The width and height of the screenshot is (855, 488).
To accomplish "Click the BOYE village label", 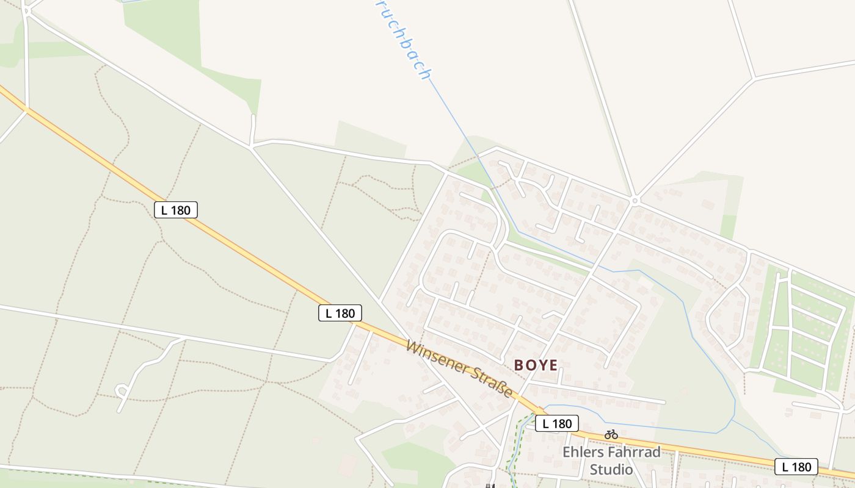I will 536,365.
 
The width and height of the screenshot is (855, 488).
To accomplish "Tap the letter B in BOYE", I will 519,365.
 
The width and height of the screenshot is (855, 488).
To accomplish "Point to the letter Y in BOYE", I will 541,365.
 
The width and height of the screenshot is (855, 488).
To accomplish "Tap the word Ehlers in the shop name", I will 583,453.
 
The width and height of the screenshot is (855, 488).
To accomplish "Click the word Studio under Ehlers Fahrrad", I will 611,470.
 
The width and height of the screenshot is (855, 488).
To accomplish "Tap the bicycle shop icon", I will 611,434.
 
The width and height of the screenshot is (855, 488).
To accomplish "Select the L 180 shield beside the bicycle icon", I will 557,423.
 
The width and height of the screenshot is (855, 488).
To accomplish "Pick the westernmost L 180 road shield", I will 176,210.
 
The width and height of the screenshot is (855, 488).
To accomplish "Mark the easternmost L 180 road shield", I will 796,467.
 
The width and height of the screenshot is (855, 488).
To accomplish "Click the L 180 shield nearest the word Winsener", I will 340,314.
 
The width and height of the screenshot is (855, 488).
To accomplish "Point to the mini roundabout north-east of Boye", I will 635,200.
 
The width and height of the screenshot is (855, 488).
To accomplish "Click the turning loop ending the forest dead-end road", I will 121,389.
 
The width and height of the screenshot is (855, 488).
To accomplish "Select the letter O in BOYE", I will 530,365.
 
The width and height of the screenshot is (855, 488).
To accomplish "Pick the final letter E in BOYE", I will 553,365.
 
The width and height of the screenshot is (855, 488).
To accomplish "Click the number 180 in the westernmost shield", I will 181,210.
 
